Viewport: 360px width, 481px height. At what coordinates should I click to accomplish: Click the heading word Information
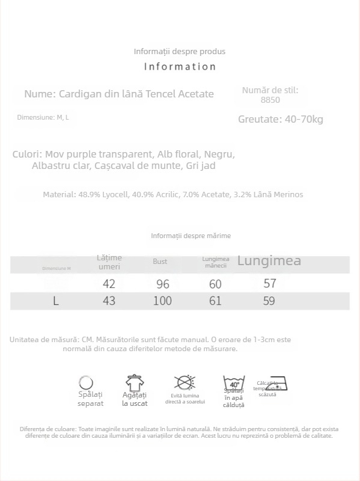point(180,67)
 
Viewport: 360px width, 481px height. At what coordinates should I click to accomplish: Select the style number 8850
point(270,100)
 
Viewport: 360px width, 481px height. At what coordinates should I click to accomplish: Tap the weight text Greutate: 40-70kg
point(281,119)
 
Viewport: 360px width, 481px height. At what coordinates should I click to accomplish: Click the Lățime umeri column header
point(109,262)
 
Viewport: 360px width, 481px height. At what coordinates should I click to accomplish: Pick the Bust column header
point(160,262)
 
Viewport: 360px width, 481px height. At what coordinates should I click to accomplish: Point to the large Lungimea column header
point(269,261)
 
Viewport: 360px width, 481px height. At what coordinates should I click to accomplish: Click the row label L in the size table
point(56,301)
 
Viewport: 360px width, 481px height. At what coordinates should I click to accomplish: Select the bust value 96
point(162,284)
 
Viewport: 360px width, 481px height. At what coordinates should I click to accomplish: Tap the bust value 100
point(162,301)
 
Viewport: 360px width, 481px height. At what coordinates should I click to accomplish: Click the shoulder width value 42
point(109,284)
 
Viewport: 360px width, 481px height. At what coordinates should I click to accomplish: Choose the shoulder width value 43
point(109,301)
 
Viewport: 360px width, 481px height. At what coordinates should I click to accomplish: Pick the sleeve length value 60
point(215,284)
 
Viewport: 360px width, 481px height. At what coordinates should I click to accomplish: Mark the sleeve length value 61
point(215,301)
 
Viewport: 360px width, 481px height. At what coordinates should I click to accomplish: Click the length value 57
point(269,283)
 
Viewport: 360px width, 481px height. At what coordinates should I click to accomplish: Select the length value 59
point(269,301)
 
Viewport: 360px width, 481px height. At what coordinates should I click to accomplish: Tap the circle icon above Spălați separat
point(87,382)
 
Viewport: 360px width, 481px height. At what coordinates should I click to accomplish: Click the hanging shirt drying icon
point(135,382)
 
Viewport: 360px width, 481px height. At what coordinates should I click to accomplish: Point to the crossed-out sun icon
point(185,382)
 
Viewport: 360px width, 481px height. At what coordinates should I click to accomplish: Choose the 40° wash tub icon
point(234,382)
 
